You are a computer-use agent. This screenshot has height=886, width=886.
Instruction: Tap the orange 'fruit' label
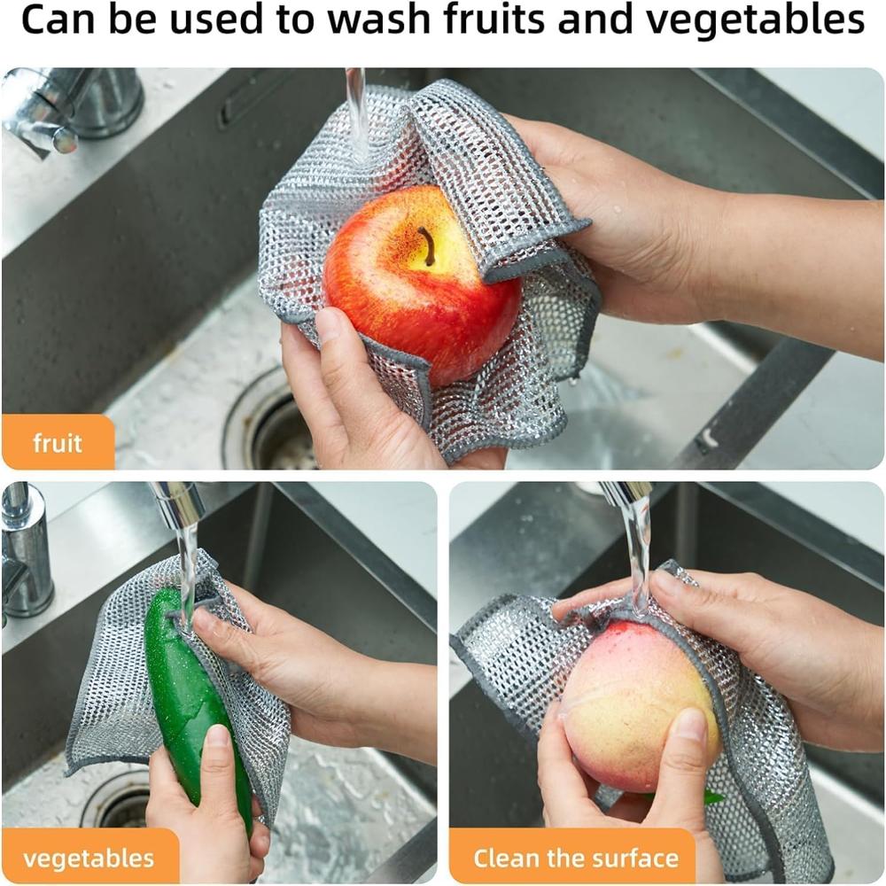[x=58, y=442]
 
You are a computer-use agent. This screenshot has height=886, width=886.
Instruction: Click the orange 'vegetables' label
[x=89, y=858]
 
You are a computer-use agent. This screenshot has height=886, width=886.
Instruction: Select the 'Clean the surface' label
[x=575, y=858]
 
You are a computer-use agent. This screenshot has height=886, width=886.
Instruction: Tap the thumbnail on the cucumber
[x=217, y=735]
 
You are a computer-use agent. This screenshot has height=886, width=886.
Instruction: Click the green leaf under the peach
[x=709, y=796]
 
